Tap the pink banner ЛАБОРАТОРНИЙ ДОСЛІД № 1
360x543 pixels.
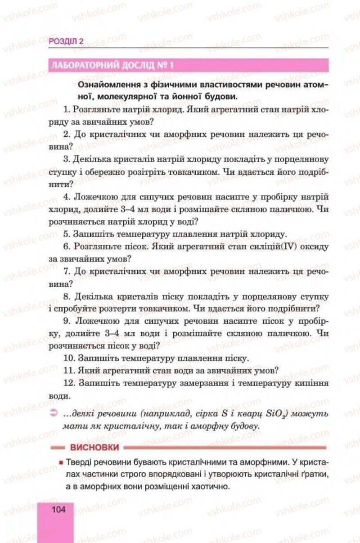[x=112, y=65]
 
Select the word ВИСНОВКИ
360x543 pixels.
[x=94, y=448]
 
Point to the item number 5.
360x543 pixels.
[x=66, y=235]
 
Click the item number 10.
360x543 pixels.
[x=68, y=358]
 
